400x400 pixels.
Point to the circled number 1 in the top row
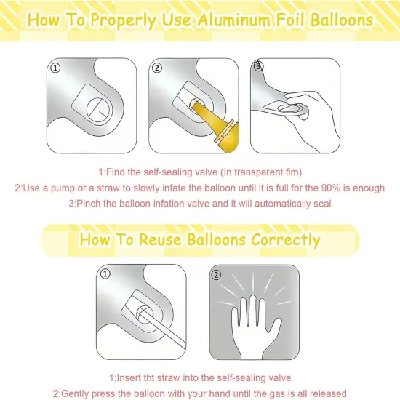tap(56, 68)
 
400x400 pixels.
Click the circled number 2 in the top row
tap(158, 68)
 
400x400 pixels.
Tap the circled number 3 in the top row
tap(259, 65)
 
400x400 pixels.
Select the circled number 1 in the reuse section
tap(105, 275)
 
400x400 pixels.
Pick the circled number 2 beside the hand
tap(216, 275)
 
